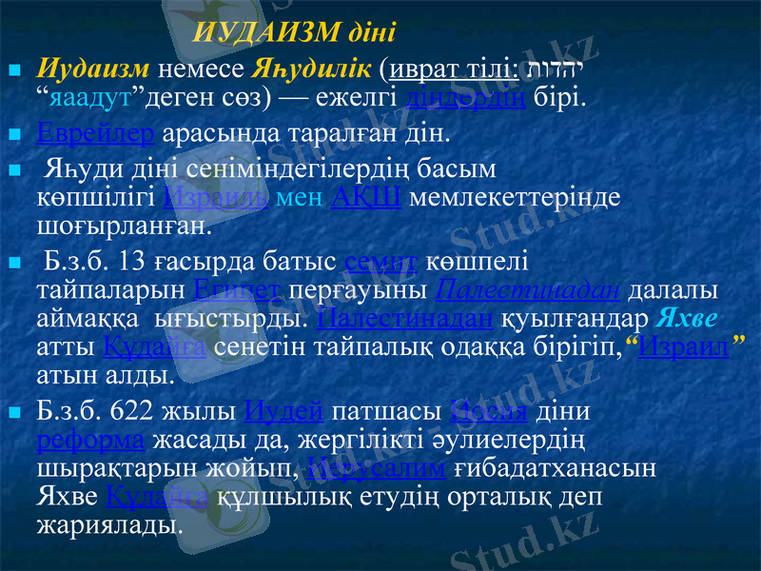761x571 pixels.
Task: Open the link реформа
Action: point(90,442)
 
